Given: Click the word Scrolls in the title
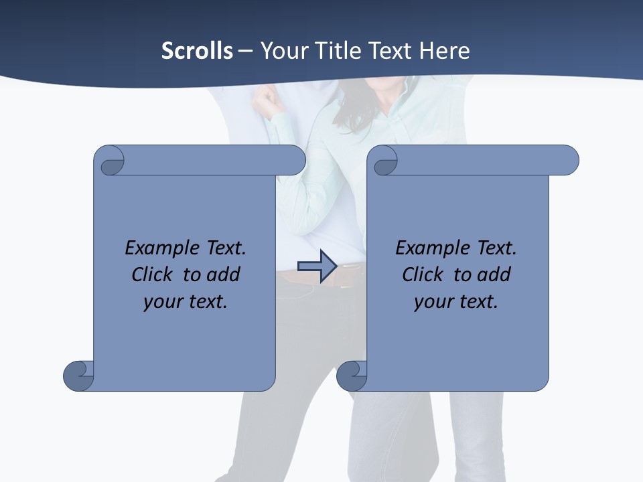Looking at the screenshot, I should point(197,51).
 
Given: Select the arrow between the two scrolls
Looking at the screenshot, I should point(317,266).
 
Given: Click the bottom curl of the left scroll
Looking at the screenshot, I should point(79,376).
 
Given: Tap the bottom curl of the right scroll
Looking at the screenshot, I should point(352,376).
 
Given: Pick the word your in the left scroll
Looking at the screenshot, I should point(161,302).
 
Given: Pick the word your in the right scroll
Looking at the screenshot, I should point(432,302).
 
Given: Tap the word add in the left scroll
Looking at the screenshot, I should point(224,275).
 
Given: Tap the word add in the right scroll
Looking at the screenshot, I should point(494,275).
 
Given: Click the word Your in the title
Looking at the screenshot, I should point(280,51).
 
